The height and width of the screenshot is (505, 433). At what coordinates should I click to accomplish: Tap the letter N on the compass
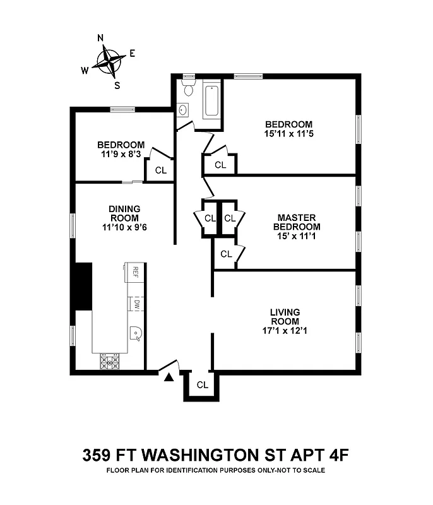(x=100, y=38)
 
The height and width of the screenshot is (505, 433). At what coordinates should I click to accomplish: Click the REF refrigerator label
(x=134, y=271)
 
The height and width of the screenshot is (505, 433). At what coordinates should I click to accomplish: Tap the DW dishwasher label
(x=136, y=304)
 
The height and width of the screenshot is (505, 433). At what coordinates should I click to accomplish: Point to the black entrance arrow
(x=169, y=377)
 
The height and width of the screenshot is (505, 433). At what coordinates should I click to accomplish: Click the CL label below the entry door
(x=202, y=384)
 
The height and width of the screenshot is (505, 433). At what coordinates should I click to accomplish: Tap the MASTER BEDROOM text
(x=296, y=222)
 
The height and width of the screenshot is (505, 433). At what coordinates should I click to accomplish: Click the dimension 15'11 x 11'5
(x=288, y=133)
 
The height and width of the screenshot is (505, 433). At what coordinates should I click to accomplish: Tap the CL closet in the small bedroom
(x=160, y=170)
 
